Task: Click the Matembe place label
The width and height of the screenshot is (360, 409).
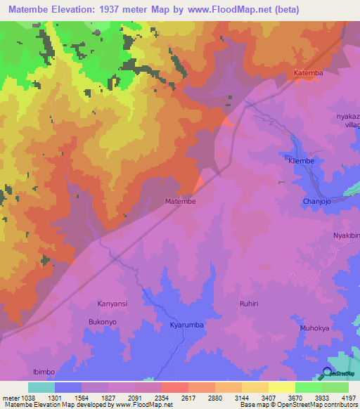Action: (180, 201)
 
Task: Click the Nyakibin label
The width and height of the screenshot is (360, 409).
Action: (346, 235)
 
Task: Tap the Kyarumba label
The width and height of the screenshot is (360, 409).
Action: (186, 326)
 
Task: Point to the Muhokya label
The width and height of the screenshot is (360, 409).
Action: (314, 328)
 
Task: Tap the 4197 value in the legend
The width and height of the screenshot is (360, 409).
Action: (349, 397)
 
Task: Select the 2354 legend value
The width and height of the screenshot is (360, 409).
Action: (162, 397)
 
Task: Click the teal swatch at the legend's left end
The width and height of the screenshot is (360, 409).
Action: (41, 387)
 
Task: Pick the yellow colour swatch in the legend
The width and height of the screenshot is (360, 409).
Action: (282, 387)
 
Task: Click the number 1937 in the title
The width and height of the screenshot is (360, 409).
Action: (122, 10)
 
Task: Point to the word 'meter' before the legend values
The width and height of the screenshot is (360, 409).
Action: (10, 397)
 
